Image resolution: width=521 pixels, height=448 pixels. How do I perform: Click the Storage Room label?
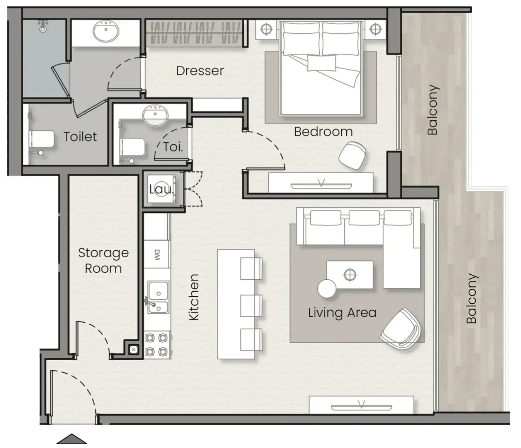[x=103, y=260]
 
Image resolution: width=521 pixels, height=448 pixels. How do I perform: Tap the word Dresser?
[x=200, y=71]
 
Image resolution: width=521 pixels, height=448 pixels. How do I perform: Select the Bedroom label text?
[x=323, y=132]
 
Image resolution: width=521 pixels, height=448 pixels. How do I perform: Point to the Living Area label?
[x=342, y=313]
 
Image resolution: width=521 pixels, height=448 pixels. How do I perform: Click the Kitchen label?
[x=194, y=297]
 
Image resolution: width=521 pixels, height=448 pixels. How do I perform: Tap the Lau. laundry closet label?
[x=162, y=190]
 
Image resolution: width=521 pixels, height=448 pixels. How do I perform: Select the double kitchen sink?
[x=158, y=297]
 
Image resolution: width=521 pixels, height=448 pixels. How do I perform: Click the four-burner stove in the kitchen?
[x=158, y=345]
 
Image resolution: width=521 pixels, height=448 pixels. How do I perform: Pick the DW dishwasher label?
[x=157, y=255]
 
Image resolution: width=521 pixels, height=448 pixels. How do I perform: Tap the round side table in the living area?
[x=327, y=289]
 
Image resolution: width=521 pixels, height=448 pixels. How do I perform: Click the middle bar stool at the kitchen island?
[x=251, y=306]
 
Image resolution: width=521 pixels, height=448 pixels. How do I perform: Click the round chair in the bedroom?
[x=352, y=155]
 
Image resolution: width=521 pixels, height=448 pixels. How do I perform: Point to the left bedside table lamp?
[x=266, y=29]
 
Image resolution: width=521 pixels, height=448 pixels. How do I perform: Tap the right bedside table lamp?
[x=375, y=29]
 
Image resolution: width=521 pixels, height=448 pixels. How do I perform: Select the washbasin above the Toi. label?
[x=155, y=114]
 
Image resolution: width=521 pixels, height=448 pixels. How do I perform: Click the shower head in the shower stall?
[x=43, y=27]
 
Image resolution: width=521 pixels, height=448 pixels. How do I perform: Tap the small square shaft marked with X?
[x=133, y=349]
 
